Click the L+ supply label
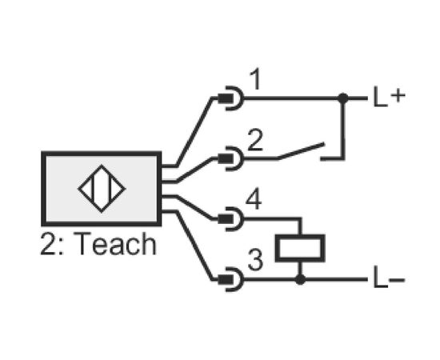pyautogui.click(x=390, y=97)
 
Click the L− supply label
pyautogui.click(x=389, y=278)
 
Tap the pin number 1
pyautogui.click(x=254, y=80)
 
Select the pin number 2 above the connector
pyautogui.click(x=255, y=140)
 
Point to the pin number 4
pyautogui.click(x=254, y=200)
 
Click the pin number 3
pyautogui.click(x=255, y=260)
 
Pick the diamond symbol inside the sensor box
pyautogui.click(x=102, y=189)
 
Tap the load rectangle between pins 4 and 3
pyautogui.click(x=300, y=248)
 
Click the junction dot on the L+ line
pyautogui.click(x=342, y=98)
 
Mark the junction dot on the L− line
pyautogui.click(x=300, y=279)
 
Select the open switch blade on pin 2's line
pyautogui.click(x=301, y=151)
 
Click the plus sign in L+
pyautogui.click(x=398, y=96)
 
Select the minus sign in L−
pyautogui.click(x=397, y=279)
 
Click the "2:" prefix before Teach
pyautogui.click(x=52, y=244)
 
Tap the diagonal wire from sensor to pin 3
pyautogui.click(x=194, y=246)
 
